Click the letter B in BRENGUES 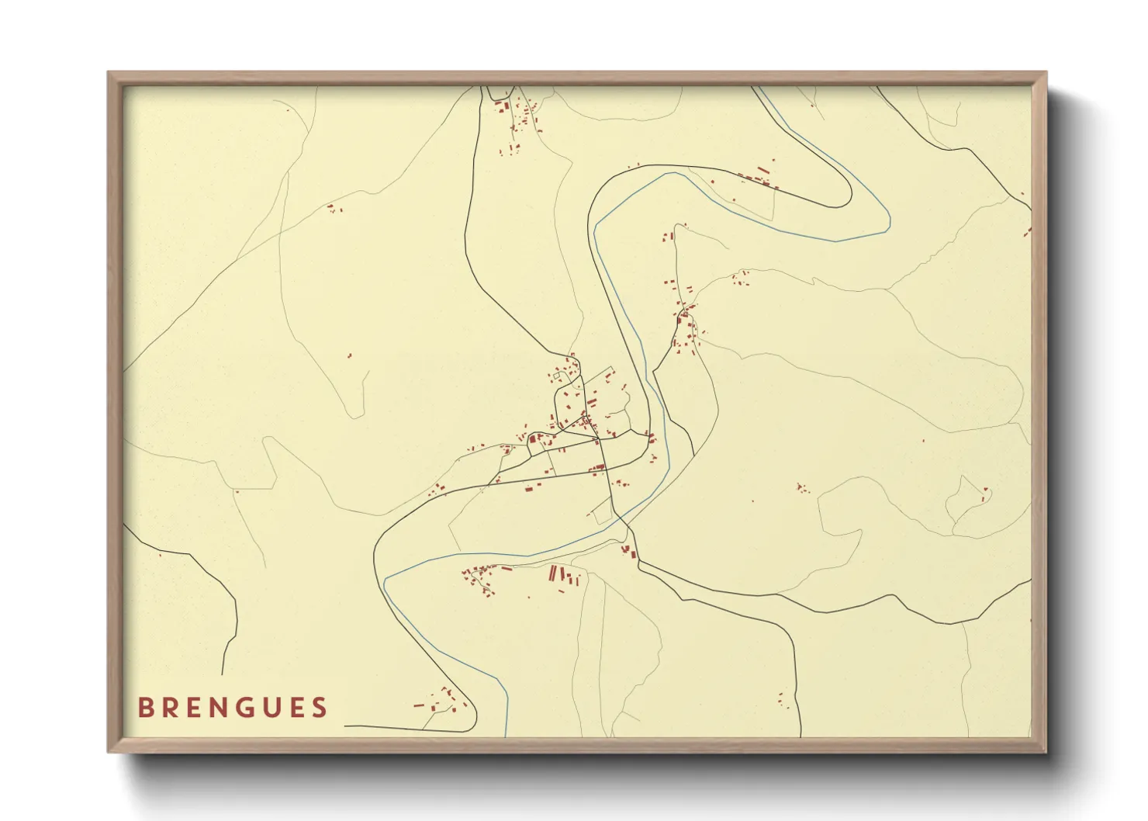coord(145,708)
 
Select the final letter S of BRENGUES coord(320,708)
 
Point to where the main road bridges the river coord(625,522)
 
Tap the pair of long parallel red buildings coord(553,574)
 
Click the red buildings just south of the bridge coord(629,552)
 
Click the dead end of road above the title coord(223,674)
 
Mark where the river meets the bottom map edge coord(507,735)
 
